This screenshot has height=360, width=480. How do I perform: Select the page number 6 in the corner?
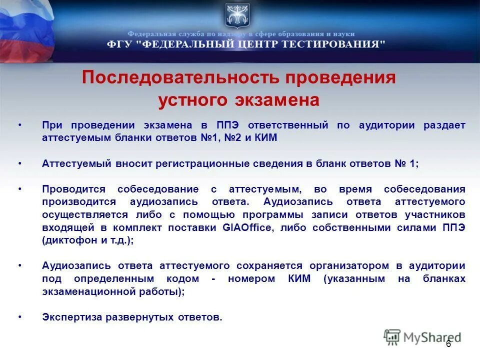448,344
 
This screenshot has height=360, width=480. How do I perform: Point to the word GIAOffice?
249,227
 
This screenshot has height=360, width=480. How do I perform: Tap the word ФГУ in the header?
119,44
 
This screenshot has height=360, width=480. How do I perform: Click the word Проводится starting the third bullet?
73,189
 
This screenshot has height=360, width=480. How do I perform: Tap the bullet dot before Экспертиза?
20,317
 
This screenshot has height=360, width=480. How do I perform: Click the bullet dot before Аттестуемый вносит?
20,163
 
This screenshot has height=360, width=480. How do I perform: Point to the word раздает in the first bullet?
444,125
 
